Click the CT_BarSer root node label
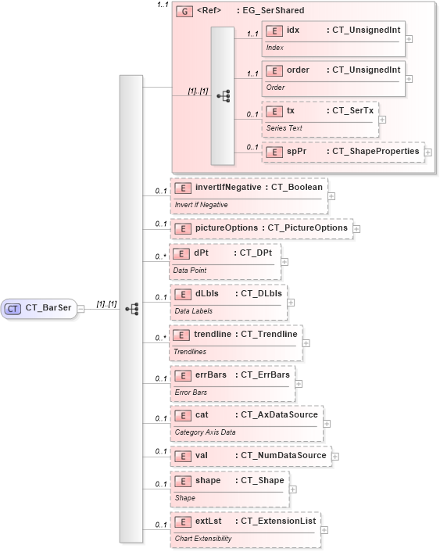coord(48,309)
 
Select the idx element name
coord(293,30)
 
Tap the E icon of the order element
coord(274,70)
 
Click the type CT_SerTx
coord(351,111)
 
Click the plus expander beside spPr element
coord(428,152)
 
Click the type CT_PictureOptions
coord(307,228)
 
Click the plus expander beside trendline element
coord(306,342)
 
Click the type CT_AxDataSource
coord(279,414)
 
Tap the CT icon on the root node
coord(13,309)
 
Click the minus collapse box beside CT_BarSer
coord(80,309)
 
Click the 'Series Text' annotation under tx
coord(284,128)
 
